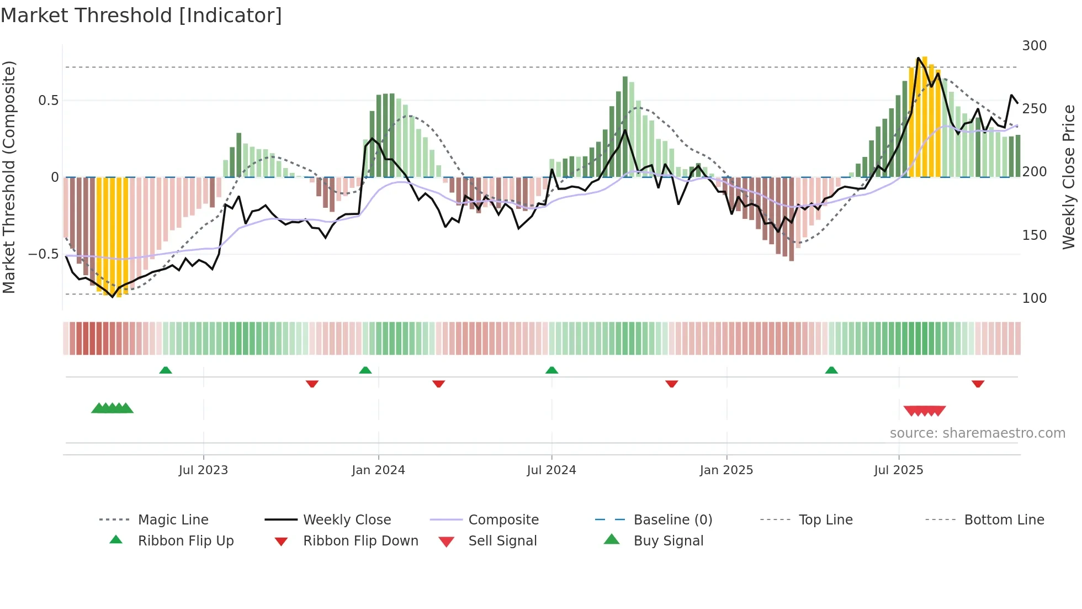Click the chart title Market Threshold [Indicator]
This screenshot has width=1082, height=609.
pos(141,15)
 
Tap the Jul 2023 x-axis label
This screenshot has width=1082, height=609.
pos(203,470)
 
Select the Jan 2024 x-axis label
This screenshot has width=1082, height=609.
pos(378,470)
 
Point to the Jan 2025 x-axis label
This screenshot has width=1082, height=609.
pos(726,470)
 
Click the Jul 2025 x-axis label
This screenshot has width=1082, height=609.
pos(898,470)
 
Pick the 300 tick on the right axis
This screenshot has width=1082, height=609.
pos(1034,46)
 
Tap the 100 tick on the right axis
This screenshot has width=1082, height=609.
pos(1034,298)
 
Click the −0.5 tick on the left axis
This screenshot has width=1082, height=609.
pos(44,254)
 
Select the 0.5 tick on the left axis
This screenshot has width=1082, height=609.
pos(48,101)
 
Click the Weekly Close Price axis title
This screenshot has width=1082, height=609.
pos(1069,177)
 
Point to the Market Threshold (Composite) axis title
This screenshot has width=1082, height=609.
pos(9,177)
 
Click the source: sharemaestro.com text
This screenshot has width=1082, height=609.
pos(977,433)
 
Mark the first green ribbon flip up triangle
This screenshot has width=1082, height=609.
pos(166,370)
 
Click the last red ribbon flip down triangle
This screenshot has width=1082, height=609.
pos(978,384)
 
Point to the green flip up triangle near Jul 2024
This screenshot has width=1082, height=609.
pos(551,370)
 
